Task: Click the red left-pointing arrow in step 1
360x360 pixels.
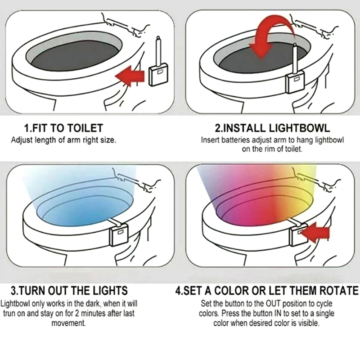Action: coord(130,76)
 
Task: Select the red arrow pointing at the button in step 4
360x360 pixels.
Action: coord(315,232)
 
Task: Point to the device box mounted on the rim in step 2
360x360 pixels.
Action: coord(296,81)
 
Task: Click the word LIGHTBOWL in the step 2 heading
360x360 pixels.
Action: coord(299,128)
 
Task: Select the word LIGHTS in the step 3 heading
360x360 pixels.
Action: coord(110,290)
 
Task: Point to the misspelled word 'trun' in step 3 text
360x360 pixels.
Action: coord(9,313)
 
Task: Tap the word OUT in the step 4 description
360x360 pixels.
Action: coord(274,303)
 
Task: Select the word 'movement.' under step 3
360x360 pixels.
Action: coord(68,323)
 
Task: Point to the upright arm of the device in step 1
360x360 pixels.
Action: coord(158,51)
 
